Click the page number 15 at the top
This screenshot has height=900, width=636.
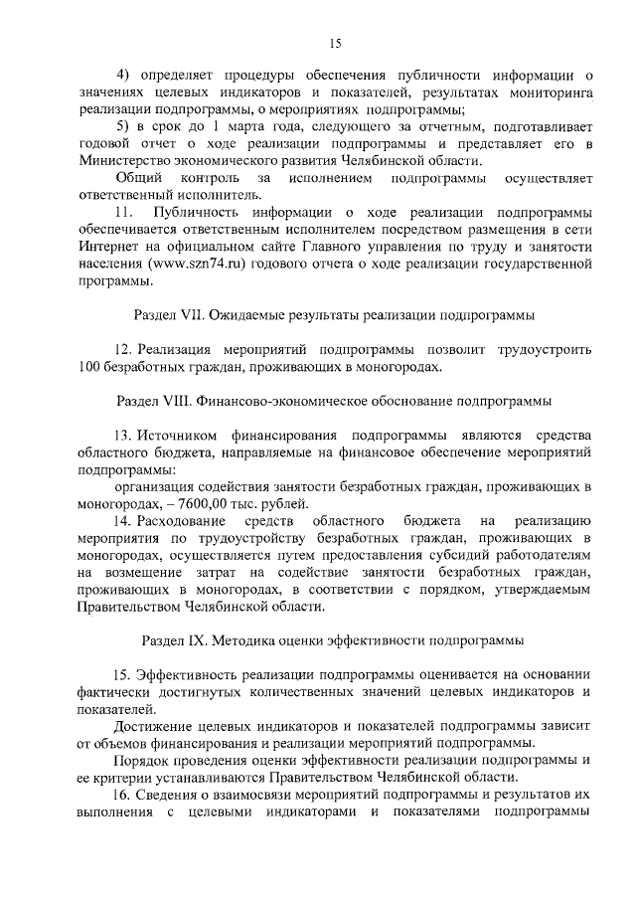(335, 42)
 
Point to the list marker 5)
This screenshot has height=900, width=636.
(123, 127)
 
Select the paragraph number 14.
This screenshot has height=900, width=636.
(123, 521)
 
